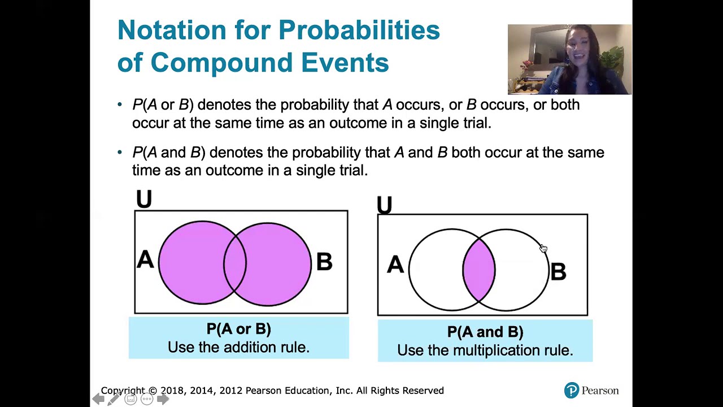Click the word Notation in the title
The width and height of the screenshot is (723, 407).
pyautogui.click(x=172, y=30)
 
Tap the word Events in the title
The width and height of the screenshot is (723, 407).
pyautogui.click(x=345, y=62)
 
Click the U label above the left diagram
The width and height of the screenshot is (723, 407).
pyautogui.click(x=144, y=198)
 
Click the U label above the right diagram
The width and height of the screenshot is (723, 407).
pyautogui.click(x=385, y=205)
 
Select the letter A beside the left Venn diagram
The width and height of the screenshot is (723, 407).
pyautogui.click(x=145, y=259)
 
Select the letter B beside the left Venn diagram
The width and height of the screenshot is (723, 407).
pyautogui.click(x=324, y=262)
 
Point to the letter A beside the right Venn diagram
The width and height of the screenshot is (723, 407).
pyautogui.click(x=395, y=265)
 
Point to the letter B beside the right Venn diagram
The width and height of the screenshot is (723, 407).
pyautogui.click(x=558, y=271)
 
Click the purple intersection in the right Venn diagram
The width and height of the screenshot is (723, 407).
pyautogui.click(x=478, y=270)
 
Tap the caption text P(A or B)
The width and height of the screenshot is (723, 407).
pyautogui.click(x=239, y=329)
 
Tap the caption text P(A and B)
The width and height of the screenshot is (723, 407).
pyautogui.click(x=485, y=332)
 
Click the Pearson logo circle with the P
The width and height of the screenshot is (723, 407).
pyautogui.click(x=572, y=390)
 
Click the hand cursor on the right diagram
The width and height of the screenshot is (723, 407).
pyautogui.click(x=544, y=248)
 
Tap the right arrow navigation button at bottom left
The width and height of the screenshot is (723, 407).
pyautogui.click(x=163, y=399)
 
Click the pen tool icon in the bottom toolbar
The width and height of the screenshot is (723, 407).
pyautogui.click(x=114, y=399)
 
